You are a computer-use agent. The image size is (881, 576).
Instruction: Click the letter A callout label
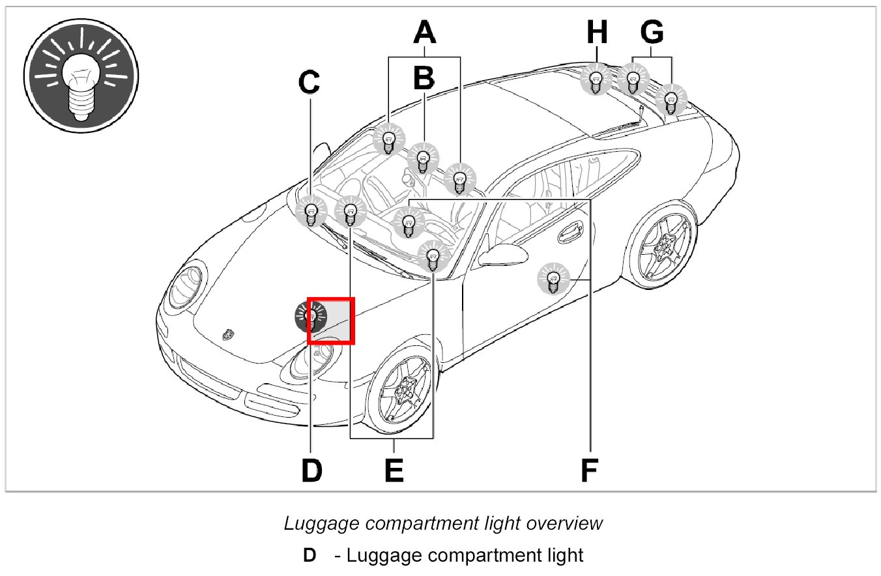(x=424, y=32)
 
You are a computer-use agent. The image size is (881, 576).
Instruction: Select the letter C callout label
(x=309, y=82)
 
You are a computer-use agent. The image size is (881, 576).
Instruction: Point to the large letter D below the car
(x=311, y=470)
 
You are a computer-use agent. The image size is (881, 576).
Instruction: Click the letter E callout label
(x=394, y=470)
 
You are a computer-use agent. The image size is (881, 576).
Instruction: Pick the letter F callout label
(x=589, y=470)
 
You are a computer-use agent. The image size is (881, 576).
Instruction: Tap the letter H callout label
(x=596, y=32)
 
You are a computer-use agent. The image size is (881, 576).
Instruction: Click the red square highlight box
(x=330, y=320)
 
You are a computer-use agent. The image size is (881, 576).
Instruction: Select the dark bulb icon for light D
(x=310, y=317)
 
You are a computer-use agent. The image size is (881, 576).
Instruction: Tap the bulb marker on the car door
(x=553, y=280)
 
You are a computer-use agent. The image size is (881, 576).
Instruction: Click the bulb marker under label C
(x=311, y=212)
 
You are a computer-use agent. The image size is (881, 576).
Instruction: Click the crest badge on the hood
(x=227, y=333)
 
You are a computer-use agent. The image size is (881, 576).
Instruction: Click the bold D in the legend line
(x=309, y=556)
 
